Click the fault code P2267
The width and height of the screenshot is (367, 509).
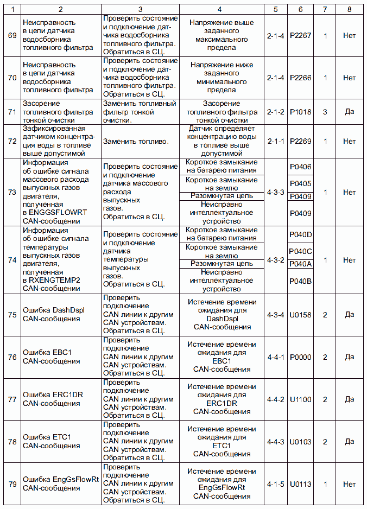click(300, 35)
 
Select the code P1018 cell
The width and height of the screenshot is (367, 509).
click(300, 112)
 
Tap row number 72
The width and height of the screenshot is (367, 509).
click(12, 141)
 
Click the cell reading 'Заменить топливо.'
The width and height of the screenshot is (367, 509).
click(136, 141)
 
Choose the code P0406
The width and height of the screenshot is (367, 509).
click(300, 167)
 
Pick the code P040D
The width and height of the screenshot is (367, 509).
click(300, 234)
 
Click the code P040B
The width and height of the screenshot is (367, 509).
click(300, 281)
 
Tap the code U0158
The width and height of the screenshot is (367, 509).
click(300, 315)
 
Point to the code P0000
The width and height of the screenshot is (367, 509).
click(300, 357)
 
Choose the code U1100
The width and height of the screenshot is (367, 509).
click(300, 399)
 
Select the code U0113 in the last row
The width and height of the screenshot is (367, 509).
click(300, 484)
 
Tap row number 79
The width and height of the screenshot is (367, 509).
click(12, 484)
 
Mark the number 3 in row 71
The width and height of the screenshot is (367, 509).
click(325, 112)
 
